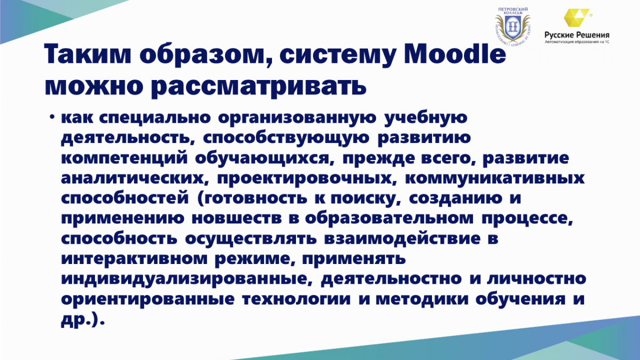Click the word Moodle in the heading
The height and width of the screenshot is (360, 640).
(455, 54)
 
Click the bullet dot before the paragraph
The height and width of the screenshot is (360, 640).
(52, 117)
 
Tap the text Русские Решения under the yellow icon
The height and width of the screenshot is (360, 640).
(577, 35)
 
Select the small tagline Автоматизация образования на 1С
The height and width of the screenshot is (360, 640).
(577, 42)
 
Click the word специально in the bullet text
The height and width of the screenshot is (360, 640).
(155, 118)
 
